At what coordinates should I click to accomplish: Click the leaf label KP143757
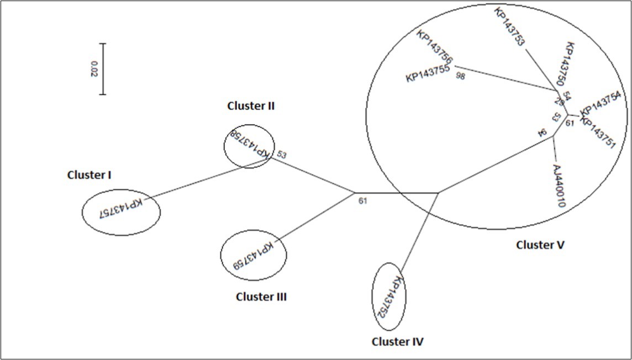(120, 208)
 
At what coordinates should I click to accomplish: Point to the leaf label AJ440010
(559, 186)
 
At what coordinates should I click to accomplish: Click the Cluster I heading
(89, 175)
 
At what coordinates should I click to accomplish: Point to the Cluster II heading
(251, 106)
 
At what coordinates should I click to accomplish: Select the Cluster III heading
(261, 297)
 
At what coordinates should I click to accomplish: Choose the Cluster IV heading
(397, 342)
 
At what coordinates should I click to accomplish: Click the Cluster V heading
(540, 244)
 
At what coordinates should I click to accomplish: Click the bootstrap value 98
(461, 76)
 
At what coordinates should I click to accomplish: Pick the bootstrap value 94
(543, 133)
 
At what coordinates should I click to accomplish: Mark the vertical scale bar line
(103, 68)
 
